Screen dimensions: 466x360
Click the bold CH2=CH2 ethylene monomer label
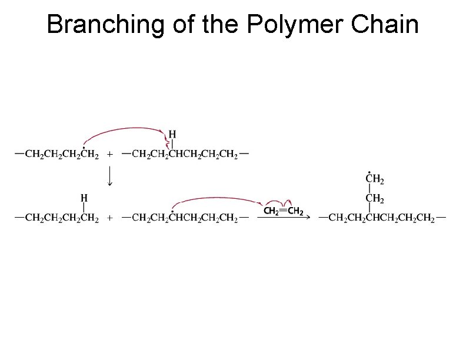click(284, 211)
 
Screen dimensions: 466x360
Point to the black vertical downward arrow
click(109, 175)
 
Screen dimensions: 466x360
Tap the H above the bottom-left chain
click(85, 198)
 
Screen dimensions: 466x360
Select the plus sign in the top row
click(109, 155)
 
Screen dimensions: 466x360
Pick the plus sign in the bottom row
click(109, 218)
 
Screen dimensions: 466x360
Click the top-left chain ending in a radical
click(56, 155)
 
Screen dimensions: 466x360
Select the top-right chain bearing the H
click(185, 155)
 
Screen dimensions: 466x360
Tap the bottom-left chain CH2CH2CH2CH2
click(56, 218)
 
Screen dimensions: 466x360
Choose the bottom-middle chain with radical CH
click(185, 218)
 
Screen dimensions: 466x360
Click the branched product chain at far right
click(382, 218)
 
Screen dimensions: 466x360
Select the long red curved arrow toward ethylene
click(218, 198)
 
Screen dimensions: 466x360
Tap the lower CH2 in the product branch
click(374, 198)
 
